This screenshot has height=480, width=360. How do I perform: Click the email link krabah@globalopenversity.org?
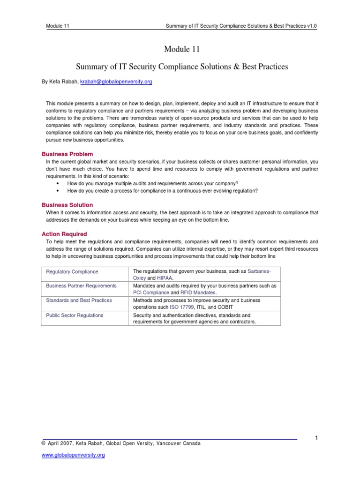[x=117, y=82]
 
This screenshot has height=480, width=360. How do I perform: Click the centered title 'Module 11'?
[x=180, y=49]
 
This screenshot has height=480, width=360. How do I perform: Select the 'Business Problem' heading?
[x=67, y=154]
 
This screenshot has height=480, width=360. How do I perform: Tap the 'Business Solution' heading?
[x=67, y=205]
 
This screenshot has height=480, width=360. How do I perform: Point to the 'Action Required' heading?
[x=64, y=234]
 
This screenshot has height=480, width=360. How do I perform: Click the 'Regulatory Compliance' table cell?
[x=72, y=271]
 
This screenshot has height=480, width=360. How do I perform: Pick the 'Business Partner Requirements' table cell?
[x=81, y=285]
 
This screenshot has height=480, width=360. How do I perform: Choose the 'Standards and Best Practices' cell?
[x=79, y=300]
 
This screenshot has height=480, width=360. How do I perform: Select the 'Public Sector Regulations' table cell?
[x=75, y=315]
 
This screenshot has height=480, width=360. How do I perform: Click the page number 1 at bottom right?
[x=316, y=438]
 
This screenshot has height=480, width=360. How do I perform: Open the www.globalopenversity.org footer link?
[x=73, y=455]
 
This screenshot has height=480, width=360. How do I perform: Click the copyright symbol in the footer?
[x=44, y=443]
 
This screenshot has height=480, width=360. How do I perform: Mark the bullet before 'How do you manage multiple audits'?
[x=58, y=183]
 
